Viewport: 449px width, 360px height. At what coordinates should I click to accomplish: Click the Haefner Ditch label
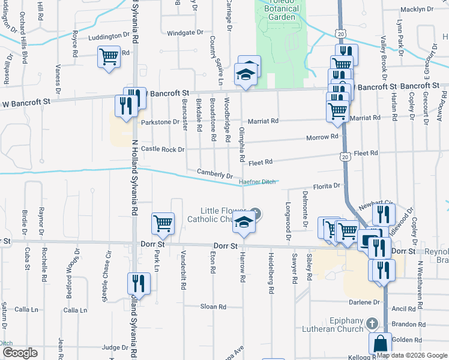coord(257,181)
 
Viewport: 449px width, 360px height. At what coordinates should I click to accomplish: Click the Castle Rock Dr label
coord(163,149)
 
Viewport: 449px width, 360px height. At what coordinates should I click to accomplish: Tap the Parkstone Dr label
coord(160,122)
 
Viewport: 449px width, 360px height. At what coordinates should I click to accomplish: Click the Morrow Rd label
coord(322,137)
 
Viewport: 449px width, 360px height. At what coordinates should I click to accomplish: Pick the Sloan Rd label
coord(213,307)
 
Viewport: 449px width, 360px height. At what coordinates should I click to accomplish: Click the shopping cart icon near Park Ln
coord(163,223)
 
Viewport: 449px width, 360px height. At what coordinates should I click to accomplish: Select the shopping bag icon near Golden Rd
coord(380,344)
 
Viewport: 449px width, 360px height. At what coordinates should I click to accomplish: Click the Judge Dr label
coord(115,347)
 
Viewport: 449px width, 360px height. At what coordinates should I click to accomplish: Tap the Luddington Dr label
coord(109,37)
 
